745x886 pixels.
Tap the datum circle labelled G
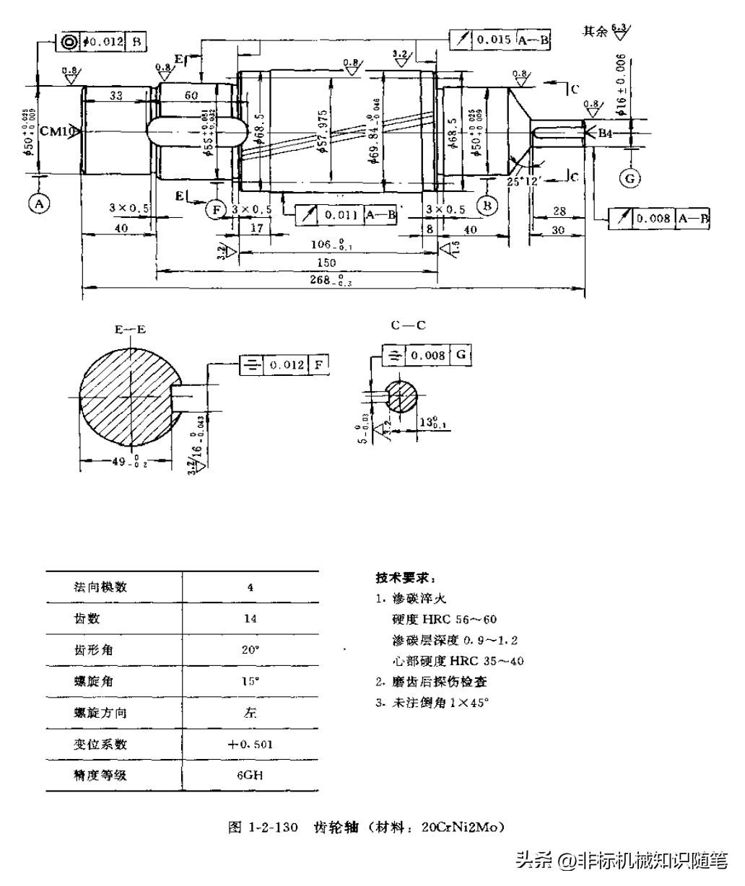point(630,178)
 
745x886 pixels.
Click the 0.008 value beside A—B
point(654,219)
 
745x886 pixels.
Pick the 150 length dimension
point(327,263)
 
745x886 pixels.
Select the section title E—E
point(130,330)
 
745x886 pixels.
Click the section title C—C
point(408,325)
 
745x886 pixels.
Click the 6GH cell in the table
point(250,776)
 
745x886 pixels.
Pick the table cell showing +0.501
point(250,744)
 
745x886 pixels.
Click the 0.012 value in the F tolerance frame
point(287,365)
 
